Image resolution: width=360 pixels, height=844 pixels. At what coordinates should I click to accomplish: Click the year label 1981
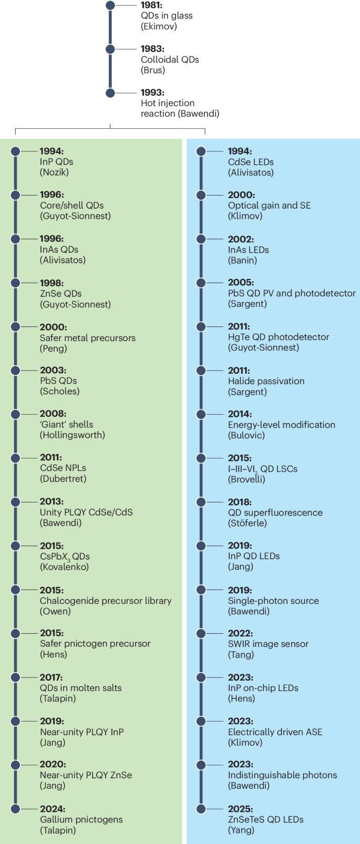(x=151, y=5)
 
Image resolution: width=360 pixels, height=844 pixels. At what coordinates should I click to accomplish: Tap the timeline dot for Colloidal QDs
(x=110, y=49)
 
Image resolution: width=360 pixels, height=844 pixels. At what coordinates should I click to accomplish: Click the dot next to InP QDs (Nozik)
(x=16, y=151)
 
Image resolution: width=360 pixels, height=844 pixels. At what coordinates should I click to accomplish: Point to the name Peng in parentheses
(x=54, y=348)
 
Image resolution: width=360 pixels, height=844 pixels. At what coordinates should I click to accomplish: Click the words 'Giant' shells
(x=66, y=424)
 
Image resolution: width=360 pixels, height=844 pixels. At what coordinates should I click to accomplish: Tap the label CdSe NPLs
(x=63, y=468)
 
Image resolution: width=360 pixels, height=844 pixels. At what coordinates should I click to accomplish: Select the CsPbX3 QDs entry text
(x=65, y=557)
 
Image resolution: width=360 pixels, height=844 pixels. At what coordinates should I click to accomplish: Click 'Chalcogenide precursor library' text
(x=106, y=601)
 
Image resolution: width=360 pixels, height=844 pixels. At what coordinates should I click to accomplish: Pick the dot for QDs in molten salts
(x=16, y=677)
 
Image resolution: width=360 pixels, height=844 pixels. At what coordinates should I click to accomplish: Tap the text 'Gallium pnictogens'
(x=81, y=819)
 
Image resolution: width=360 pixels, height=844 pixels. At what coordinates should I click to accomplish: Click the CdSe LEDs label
(x=251, y=162)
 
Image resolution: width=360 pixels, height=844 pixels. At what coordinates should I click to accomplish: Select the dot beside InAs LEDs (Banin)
(x=201, y=239)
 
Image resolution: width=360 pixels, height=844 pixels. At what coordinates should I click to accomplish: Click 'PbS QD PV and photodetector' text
(x=292, y=293)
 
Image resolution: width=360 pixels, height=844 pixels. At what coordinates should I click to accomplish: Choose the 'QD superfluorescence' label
(x=275, y=512)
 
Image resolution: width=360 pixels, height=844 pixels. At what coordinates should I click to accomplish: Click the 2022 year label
(x=240, y=633)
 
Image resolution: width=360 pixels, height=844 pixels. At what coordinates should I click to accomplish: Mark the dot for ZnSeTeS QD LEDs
(x=201, y=809)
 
